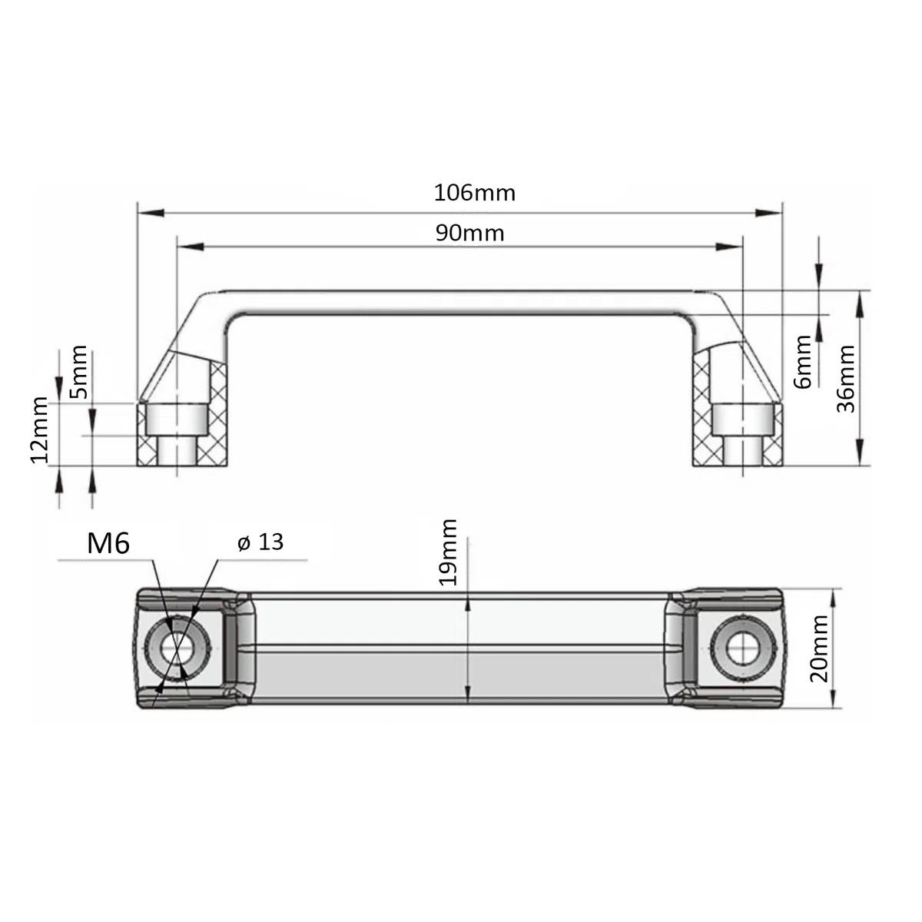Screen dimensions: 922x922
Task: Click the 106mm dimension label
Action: pos(475,194)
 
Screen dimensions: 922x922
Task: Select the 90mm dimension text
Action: pos(470,234)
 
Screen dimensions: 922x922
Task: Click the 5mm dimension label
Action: pos(78,372)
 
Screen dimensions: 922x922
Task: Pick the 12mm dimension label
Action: pos(38,429)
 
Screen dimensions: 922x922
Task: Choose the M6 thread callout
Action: pos(108,543)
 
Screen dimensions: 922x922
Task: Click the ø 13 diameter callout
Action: pos(260,542)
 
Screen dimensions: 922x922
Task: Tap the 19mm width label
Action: pos(448,552)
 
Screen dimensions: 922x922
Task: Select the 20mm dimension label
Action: pos(818,648)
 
